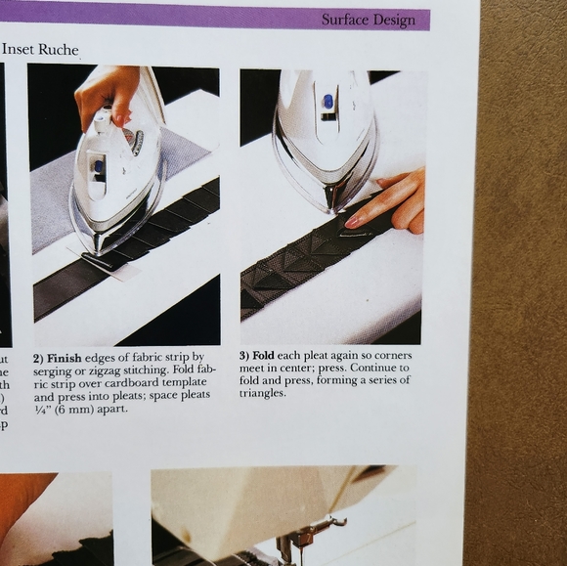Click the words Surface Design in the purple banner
click(x=368, y=20)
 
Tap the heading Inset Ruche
click(x=40, y=49)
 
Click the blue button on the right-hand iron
click(x=327, y=102)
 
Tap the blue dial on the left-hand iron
click(x=99, y=167)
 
